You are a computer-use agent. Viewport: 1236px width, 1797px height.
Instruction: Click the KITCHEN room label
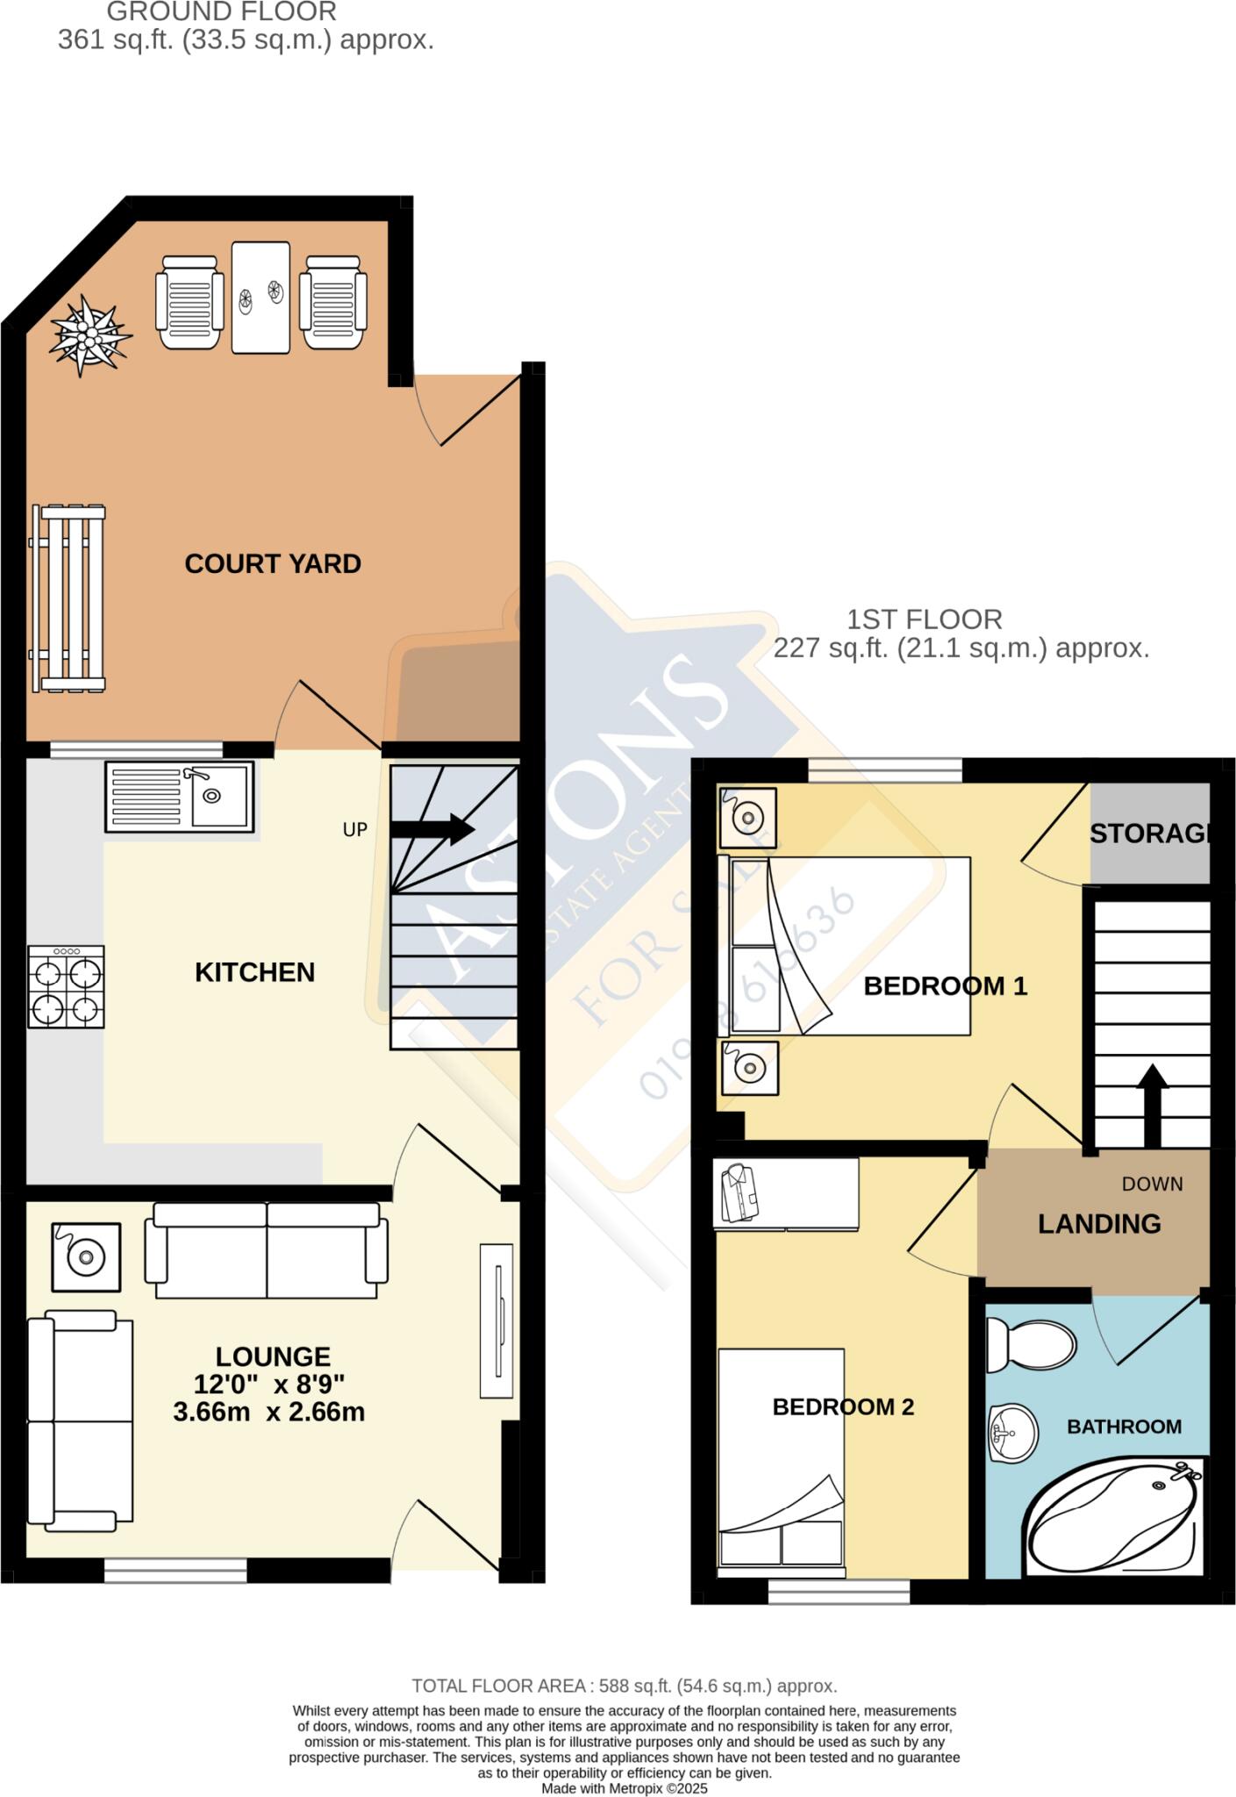click(254, 972)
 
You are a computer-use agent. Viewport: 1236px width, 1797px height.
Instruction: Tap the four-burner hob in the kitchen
click(66, 986)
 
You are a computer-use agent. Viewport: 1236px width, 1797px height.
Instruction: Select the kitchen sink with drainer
click(180, 797)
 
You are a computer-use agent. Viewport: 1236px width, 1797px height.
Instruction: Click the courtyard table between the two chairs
click(261, 297)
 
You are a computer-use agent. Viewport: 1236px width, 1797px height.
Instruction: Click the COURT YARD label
click(272, 563)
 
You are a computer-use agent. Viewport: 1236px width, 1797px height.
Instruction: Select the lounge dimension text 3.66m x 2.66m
click(268, 1412)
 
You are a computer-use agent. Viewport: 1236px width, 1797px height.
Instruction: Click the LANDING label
click(1099, 1224)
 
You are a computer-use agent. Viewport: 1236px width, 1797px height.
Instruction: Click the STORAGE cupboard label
click(1149, 834)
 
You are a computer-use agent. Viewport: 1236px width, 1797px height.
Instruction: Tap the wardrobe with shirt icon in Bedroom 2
click(785, 1193)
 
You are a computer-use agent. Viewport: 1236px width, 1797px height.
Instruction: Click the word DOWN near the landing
click(1152, 1184)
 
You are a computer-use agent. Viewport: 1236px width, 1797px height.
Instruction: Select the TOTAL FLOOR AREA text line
click(624, 1686)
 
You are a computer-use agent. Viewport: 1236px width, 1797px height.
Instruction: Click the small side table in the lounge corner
click(86, 1257)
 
